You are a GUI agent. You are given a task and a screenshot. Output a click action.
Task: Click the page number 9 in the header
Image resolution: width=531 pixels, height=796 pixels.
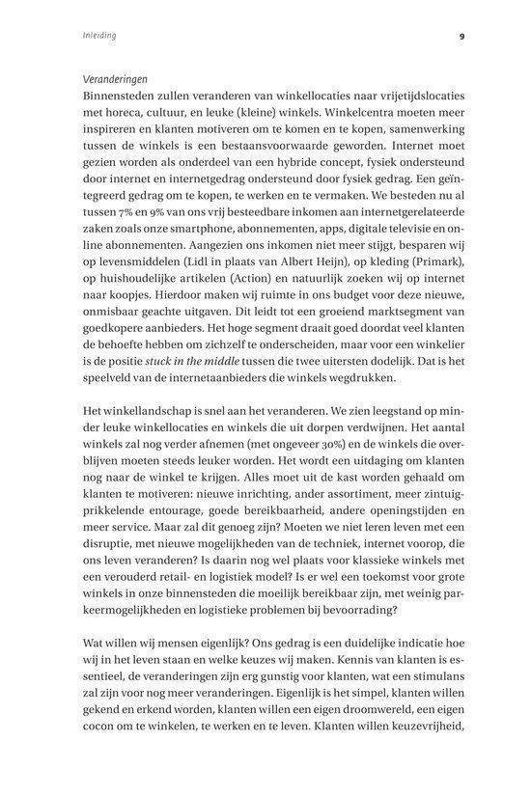462,37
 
